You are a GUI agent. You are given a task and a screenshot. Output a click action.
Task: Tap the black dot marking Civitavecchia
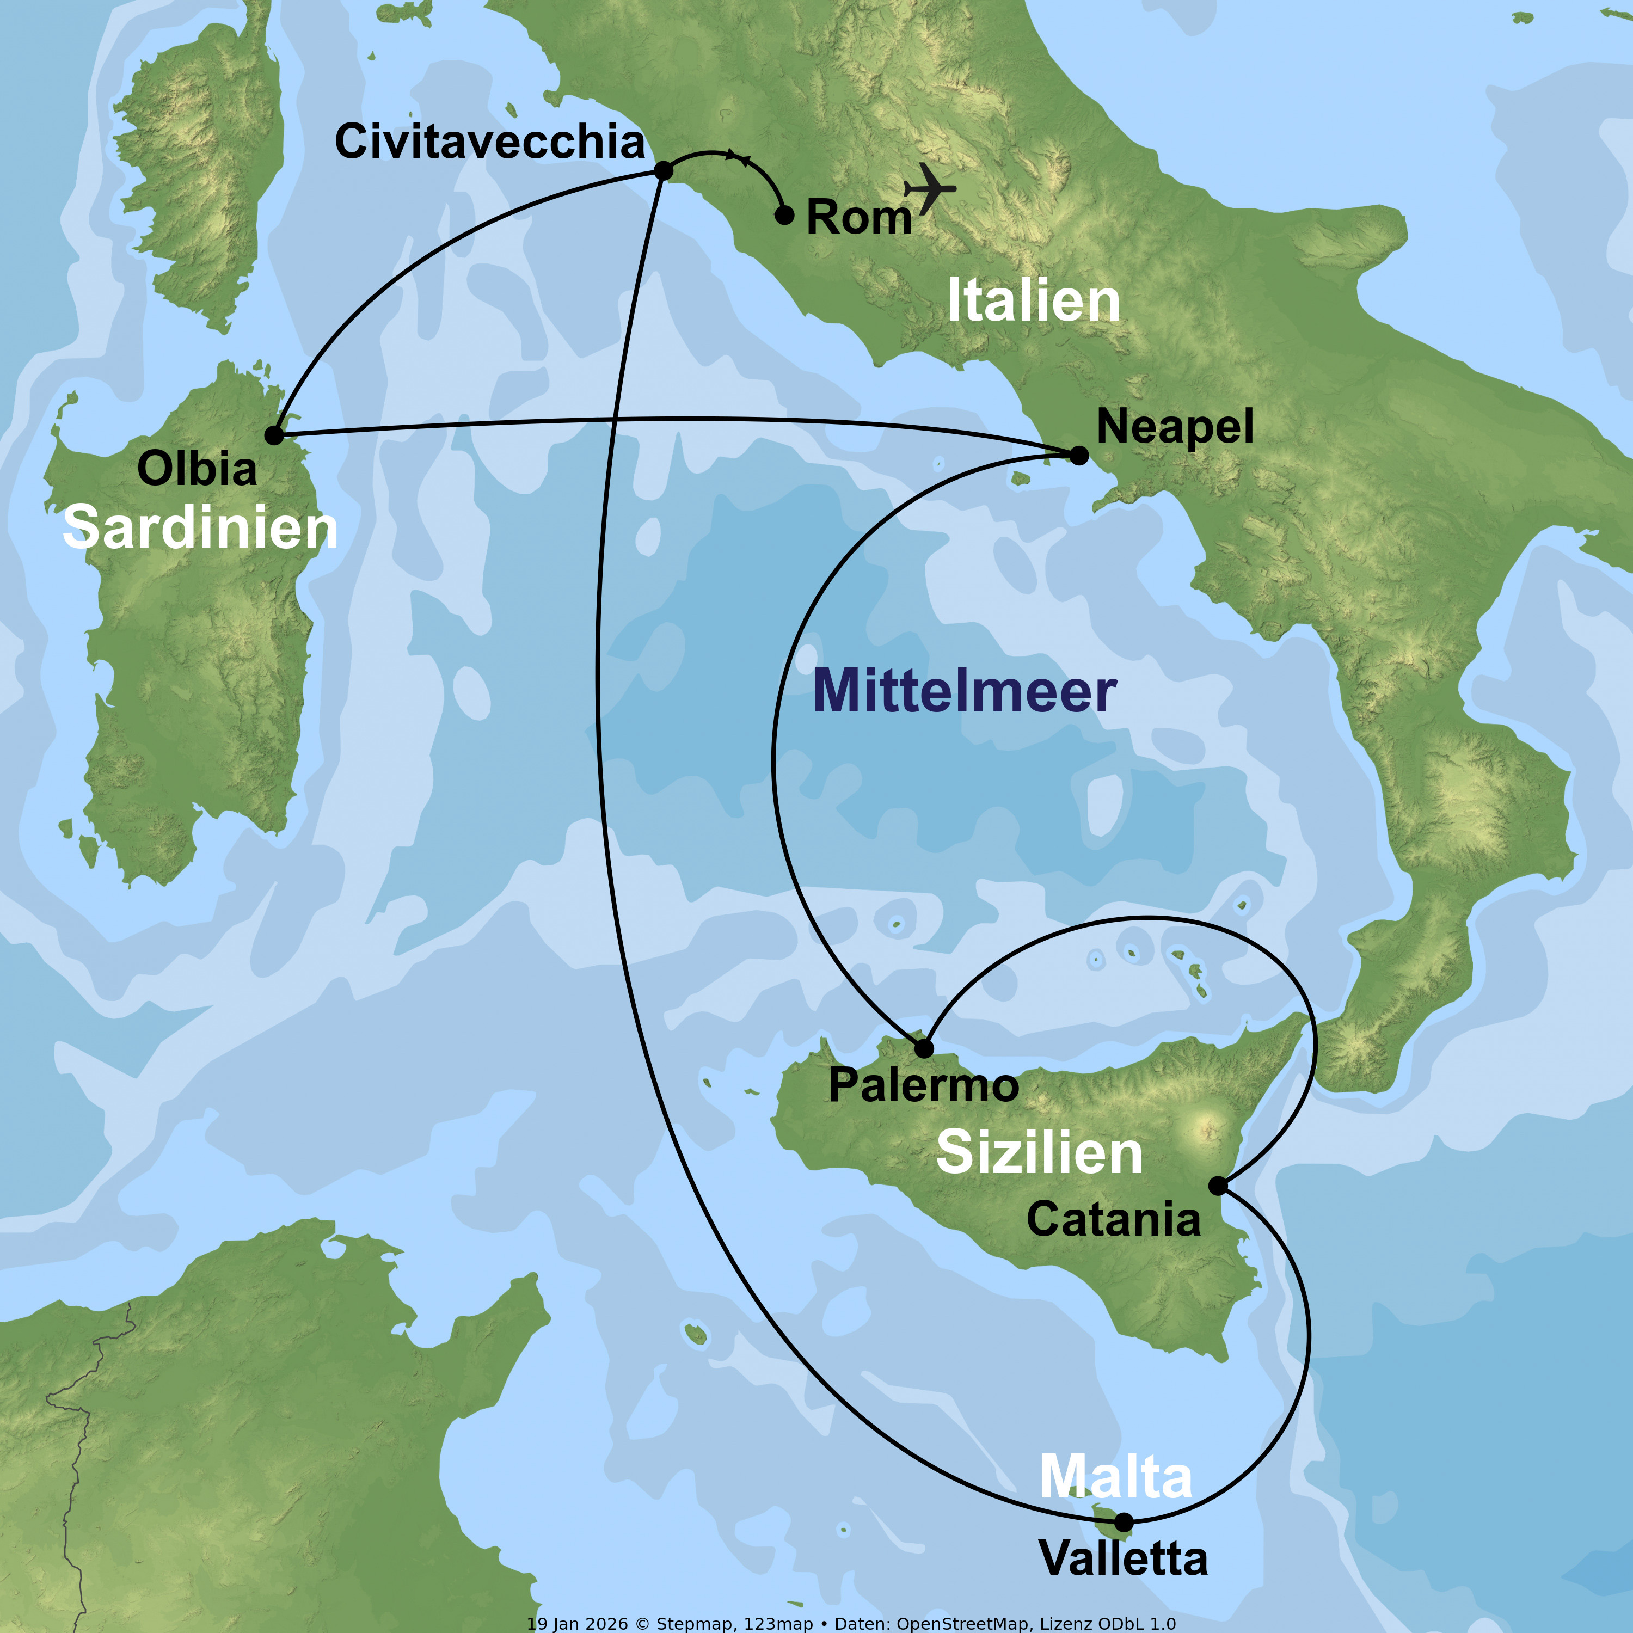(664, 171)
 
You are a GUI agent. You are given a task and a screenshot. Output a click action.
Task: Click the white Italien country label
(1033, 301)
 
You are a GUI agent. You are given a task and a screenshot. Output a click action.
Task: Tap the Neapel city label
(1174, 427)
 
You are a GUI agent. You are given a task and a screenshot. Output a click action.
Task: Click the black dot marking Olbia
(274, 435)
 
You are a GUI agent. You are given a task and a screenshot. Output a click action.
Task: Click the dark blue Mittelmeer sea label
(965, 691)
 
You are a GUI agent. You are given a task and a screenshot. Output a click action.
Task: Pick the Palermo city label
(923, 1085)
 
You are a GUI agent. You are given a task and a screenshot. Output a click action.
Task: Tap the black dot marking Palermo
(925, 1048)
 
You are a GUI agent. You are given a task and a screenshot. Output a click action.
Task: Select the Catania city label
(1113, 1220)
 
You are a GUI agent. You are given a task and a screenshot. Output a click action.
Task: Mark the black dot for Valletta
(1124, 1523)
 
